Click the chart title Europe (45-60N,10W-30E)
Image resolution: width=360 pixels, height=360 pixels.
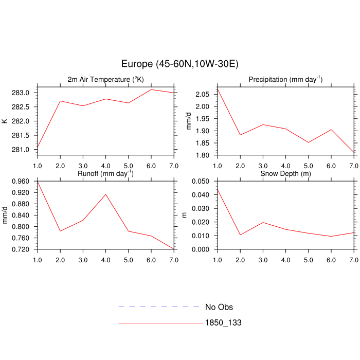179,64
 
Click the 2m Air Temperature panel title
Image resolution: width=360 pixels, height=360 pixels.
106,79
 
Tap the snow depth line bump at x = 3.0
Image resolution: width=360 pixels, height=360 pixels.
262,223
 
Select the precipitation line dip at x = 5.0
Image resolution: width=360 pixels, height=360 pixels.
308,142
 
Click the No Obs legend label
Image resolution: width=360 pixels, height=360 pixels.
219,307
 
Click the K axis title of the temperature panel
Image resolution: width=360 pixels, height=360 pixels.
5,121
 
